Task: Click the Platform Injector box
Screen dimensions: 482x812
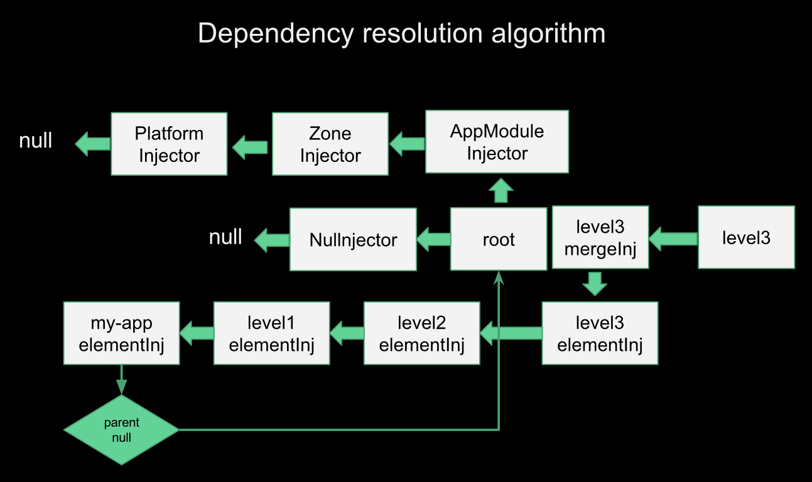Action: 169,144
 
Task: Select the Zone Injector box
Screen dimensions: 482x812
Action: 330,144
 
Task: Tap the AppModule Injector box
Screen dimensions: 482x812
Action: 497,142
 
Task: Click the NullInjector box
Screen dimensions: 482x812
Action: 353,239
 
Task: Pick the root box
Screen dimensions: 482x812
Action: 499,239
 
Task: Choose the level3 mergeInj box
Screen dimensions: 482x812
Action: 600,238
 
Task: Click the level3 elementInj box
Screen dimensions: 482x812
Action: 600,333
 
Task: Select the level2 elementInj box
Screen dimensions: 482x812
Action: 421,333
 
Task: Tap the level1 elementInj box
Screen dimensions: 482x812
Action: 271,333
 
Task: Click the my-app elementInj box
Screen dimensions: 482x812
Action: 121,333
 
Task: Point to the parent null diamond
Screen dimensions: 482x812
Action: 121,430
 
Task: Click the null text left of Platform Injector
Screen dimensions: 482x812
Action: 36,141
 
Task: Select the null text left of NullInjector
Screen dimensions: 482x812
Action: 225,237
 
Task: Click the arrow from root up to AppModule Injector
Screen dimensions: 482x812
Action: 501,190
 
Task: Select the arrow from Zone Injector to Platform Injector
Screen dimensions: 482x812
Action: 249,148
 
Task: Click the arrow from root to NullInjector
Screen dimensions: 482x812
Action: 433,238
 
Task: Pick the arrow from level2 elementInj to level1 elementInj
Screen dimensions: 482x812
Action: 347,333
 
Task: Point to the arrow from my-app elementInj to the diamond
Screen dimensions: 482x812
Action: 121,379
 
